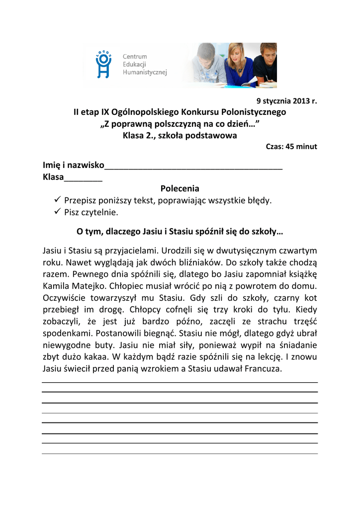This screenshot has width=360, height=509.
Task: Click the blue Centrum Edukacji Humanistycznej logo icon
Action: (103, 64)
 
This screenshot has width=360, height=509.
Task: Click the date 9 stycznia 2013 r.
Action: (286, 101)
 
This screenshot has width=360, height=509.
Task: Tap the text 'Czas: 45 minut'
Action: (291, 147)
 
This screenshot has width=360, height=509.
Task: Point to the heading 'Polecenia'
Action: (180, 189)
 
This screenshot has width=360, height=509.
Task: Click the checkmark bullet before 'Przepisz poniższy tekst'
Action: (56, 200)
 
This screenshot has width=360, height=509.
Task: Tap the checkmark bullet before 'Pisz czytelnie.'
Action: (56, 212)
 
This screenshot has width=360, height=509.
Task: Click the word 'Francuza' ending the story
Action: (261, 369)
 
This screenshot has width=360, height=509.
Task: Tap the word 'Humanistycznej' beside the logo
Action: (145, 73)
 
